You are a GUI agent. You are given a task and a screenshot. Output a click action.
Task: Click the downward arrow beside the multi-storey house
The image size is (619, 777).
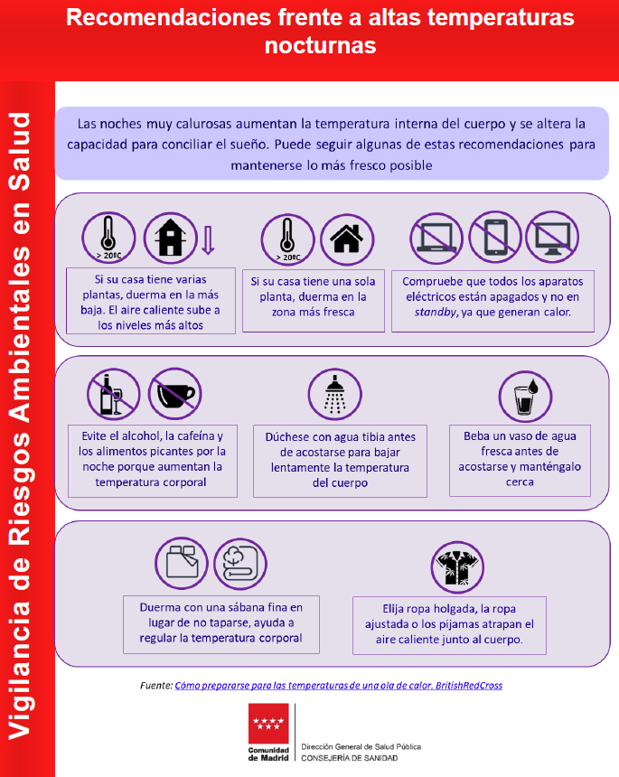[x=208, y=240]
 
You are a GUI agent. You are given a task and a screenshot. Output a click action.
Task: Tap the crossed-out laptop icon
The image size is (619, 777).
[x=436, y=239]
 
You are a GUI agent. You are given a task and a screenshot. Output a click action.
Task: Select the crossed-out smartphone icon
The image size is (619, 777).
[x=494, y=237]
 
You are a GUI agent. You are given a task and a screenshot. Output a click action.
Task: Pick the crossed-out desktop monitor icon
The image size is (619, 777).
[x=551, y=237]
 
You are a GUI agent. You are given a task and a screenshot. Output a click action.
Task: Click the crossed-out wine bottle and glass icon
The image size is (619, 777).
[x=114, y=395]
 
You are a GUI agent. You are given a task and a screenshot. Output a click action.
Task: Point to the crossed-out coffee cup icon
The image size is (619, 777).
[x=175, y=394]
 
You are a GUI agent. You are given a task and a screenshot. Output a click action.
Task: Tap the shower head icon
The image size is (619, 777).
[x=335, y=395]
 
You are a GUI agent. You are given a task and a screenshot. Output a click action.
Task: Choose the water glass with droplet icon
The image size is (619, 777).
[x=525, y=397]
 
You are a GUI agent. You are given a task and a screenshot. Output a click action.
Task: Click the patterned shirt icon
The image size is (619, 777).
[x=457, y=567]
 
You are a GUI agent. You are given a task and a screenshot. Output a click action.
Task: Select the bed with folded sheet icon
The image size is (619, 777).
[x=182, y=564]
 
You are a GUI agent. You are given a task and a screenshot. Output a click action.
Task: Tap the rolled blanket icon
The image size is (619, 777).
[x=240, y=565]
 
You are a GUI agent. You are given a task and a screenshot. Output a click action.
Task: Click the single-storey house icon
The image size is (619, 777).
[x=347, y=239]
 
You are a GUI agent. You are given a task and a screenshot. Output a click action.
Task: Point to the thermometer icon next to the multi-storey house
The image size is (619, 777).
[x=108, y=238]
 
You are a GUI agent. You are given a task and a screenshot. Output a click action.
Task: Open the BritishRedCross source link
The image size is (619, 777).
[x=339, y=686]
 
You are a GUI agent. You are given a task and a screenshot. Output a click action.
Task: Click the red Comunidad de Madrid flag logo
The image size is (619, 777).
[x=268, y=723]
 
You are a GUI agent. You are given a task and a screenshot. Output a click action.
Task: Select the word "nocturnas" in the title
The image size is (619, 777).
[x=320, y=45]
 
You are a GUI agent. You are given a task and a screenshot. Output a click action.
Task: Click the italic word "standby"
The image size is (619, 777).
[x=436, y=313]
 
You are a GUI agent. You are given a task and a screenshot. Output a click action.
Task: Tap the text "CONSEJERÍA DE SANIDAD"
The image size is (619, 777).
[x=350, y=758]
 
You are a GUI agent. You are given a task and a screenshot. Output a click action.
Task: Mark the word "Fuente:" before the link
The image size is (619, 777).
[x=156, y=686]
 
